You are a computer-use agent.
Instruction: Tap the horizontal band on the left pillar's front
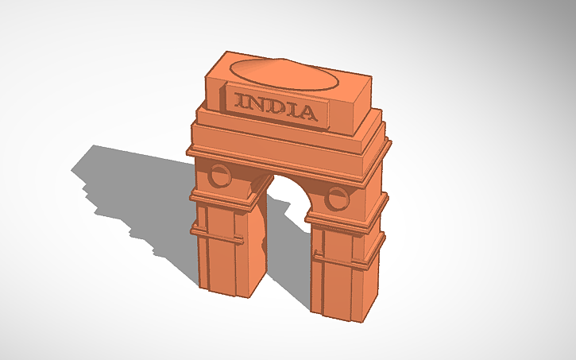pos(218,234)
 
